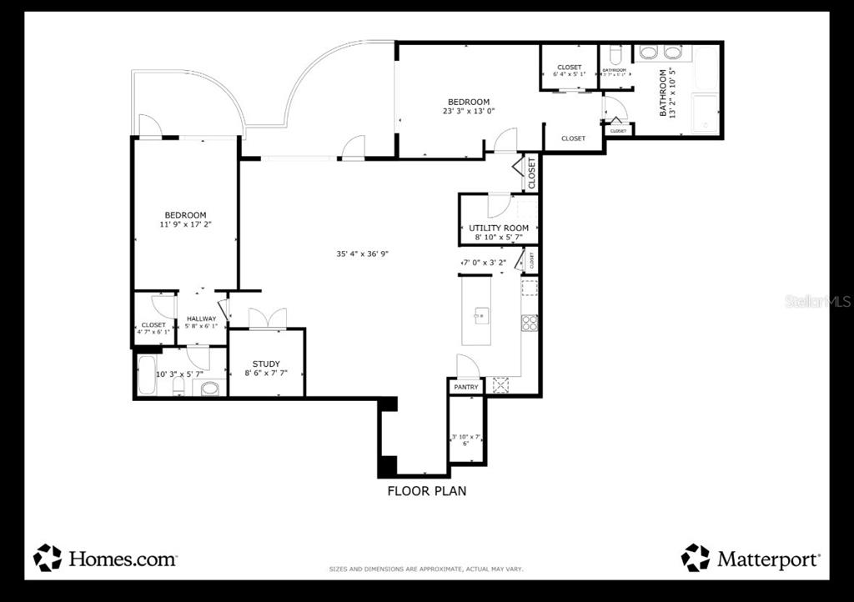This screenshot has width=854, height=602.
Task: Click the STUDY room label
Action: click(x=266, y=364)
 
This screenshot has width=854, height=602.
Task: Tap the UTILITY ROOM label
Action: click(x=499, y=228)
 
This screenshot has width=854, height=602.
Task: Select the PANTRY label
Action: click(x=466, y=387)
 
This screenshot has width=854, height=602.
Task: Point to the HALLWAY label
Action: click(x=201, y=319)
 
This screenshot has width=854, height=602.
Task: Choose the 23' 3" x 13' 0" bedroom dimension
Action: click(x=468, y=111)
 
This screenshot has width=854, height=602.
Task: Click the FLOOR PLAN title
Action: click(x=426, y=491)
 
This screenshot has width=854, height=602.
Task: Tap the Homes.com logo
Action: click(x=105, y=558)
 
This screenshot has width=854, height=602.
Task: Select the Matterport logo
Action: click(x=751, y=558)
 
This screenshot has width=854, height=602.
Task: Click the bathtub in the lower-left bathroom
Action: click(x=147, y=374)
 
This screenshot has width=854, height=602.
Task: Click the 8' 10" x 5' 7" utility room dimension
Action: click(x=499, y=238)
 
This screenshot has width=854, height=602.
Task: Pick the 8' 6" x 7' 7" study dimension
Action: click(x=266, y=374)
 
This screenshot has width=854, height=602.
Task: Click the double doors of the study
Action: click(x=268, y=319)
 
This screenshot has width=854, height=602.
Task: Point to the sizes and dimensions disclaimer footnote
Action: click(x=425, y=569)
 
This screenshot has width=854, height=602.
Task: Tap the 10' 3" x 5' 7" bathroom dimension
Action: click(x=180, y=374)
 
